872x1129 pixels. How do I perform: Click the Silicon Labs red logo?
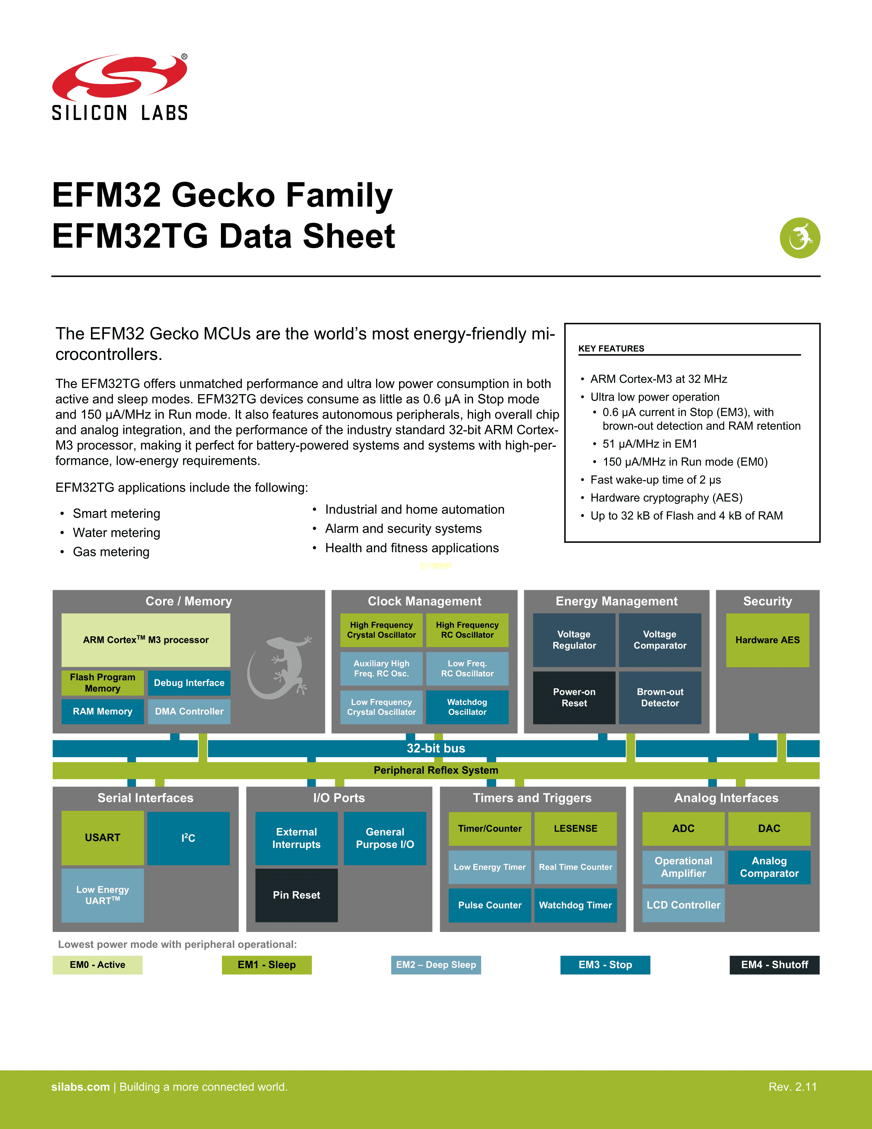tap(119, 78)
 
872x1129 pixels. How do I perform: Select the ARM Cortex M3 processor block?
tap(146, 640)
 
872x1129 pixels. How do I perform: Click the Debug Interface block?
tap(189, 683)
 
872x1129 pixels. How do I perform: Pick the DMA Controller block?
tap(189, 711)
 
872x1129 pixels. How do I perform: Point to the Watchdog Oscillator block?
tap(467, 707)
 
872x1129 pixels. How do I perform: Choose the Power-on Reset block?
tap(574, 697)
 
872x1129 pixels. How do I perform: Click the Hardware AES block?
tap(767, 640)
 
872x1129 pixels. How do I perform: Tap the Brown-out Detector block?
tap(660, 697)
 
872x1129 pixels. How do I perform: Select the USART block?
tap(102, 838)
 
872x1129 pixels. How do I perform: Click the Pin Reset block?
tap(296, 895)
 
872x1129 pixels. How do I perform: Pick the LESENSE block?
tap(576, 829)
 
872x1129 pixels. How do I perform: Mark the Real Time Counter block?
tap(576, 867)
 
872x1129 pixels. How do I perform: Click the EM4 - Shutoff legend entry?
tap(774, 965)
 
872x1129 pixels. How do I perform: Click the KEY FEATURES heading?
tap(611, 348)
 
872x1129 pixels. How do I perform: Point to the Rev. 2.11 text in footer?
tap(792, 1087)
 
